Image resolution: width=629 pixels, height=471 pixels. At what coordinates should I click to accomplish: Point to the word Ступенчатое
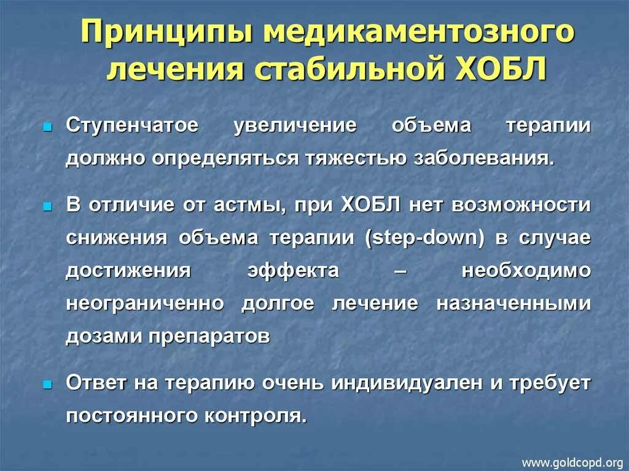[132, 126]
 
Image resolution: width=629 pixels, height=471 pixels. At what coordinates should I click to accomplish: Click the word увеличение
[295, 126]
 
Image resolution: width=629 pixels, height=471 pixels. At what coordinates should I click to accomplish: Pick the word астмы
[249, 205]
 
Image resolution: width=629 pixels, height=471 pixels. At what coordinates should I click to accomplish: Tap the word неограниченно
[146, 304]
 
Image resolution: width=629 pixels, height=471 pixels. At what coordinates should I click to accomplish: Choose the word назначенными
[514, 304]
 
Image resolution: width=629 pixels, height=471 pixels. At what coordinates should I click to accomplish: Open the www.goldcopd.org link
[572, 462]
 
